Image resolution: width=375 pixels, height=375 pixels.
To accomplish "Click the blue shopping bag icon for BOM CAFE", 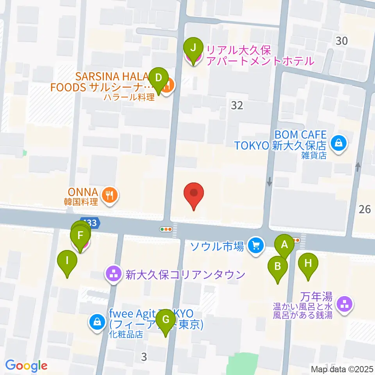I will click(x=336, y=143).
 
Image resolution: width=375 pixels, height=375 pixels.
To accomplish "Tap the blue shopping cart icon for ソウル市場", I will click(x=256, y=246).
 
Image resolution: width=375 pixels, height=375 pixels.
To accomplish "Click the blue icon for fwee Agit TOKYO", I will click(x=96, y=322).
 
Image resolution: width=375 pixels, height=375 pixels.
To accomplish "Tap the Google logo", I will click(x=26, y=366).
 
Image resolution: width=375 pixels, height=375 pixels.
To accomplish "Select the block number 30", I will click(x=341, y=40).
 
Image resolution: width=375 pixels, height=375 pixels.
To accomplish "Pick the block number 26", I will click(x=364, y=209).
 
